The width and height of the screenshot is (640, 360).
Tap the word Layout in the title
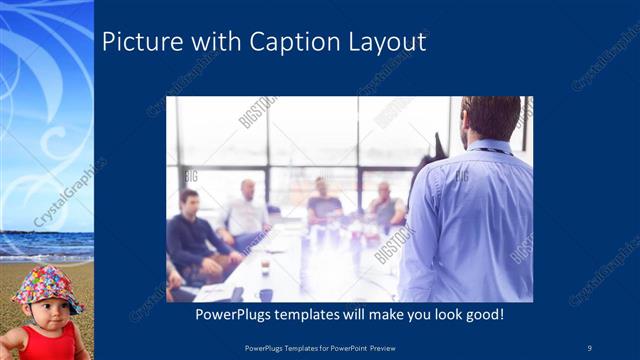coord(390,43)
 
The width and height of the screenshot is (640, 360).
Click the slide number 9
coord(589,346)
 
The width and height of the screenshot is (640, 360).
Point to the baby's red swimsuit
coord(50,344)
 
